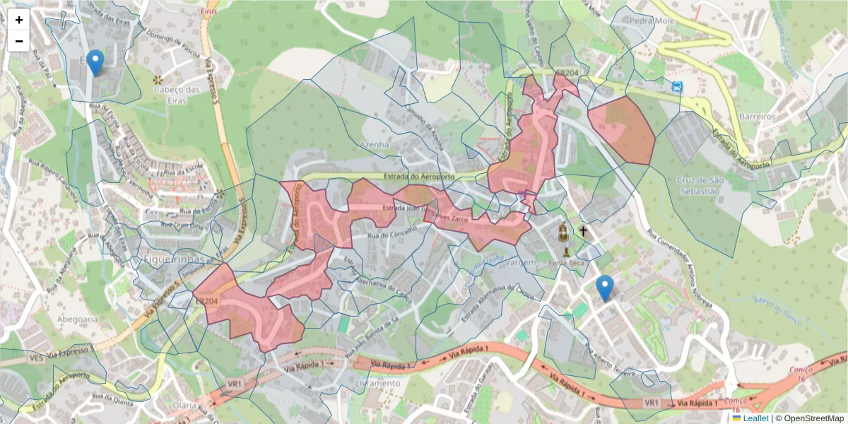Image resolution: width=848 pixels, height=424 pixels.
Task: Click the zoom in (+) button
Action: (x=19, y=20)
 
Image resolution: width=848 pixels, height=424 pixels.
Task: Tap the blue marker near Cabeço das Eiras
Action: (x=95, y=63)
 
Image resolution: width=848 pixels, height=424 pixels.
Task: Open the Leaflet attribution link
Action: (x=755, y=418)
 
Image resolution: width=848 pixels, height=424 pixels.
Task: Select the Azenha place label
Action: (x=375, y=144)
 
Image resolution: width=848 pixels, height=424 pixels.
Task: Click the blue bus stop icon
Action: (x=678, y=88)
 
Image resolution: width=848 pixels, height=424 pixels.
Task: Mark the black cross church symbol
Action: (x=584, y=231)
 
